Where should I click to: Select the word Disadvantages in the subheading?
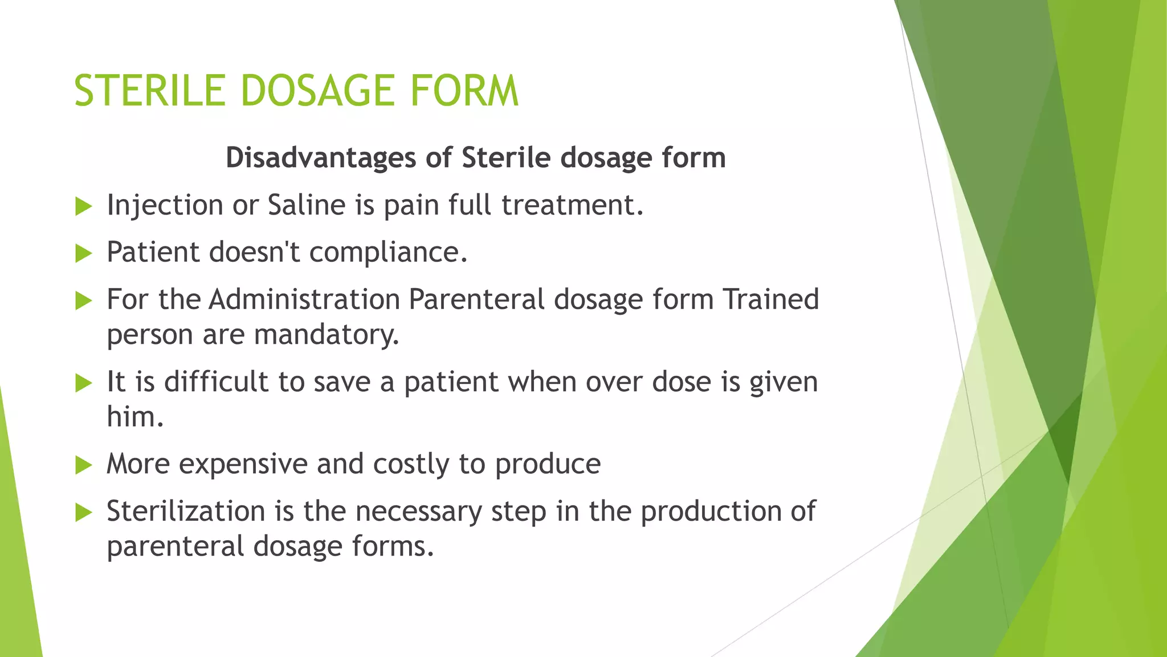pyautogui.click(x=321, y=157)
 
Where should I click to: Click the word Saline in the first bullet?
pyautogui.click(x=307, y=205)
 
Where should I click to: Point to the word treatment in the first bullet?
pyautogui.click(x=572, y=205)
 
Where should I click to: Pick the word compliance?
pyautogui.click(x=388, y=252)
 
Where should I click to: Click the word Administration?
pyautogui.click(x=304, y=299)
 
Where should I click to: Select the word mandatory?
pyautogui.click(x=326, y=335)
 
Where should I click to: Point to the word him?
pyautogui.click(x=135, y=417)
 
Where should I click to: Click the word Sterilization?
pyautogui.click(x=186, y=511)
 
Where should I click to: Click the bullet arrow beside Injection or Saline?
pyautogui.click(x=83, y=206)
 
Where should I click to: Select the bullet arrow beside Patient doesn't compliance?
pyautogui.click(x=83, y=253)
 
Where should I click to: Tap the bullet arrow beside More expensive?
pyautogui.click(x=83, y=465)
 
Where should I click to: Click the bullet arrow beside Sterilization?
pyautogui.click(x=83, y=513)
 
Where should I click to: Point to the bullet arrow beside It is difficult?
pyautogui.click(x=83, y=383)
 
